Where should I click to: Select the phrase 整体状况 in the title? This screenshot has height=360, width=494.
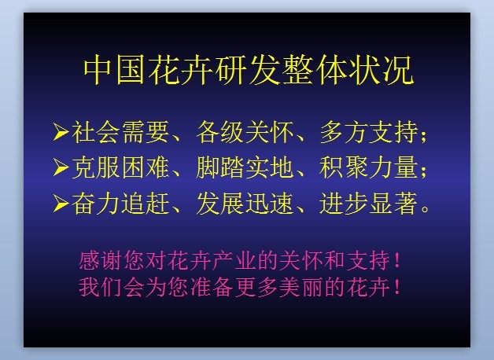click(x=347, y=69)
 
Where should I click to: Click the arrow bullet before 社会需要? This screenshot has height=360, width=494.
click(x=61, y=131)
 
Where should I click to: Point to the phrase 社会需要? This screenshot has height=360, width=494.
click(x=120, y=132)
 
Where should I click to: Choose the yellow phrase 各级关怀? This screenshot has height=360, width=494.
click(x=245, y=132)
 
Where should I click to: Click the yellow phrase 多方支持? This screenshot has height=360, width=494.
click(x=369, y=132)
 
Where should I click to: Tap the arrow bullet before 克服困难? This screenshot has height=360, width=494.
click(x=61, y=167)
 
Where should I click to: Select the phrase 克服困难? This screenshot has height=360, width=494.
click(x=120, y=167)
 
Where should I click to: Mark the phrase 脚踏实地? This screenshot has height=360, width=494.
click(x=245, y=167)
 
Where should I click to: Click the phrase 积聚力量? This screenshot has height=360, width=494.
click(x=369, y=167)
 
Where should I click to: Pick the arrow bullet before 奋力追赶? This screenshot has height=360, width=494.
click(x=61, y=204)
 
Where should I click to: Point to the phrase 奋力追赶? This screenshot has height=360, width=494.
click(x=120, y=204)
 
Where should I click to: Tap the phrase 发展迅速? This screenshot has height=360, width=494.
click(x=245, y=204)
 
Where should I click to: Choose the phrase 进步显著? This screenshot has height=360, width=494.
click(x=369, y=204)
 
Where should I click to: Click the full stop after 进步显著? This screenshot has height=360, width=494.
click(x=425, y=209)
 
